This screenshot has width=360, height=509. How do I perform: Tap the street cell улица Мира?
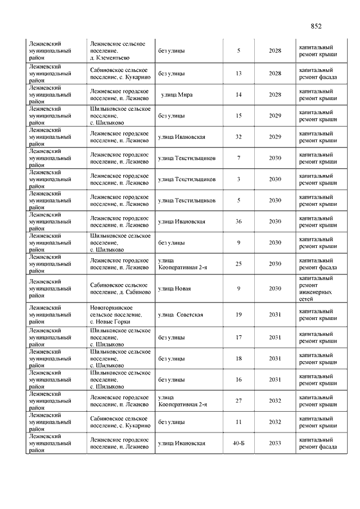click(x=177, y=94)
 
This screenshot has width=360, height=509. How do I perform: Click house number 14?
click(x=238, y=94)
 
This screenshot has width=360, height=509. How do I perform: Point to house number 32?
click(x=238, y=137)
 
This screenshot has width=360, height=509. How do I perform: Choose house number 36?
click(x=238, y=222)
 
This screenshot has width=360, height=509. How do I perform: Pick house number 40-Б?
click(x=238, y=443)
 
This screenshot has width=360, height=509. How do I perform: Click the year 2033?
click(x=275, y=443)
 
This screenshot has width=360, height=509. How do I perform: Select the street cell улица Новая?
click(x=174, y=289)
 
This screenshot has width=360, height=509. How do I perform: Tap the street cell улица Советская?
click(x=181, y=314)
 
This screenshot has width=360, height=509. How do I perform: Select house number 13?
click(x=238, y=74)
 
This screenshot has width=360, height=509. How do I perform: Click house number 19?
click(x=238, y=314)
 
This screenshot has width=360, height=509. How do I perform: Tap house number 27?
click(x=238, y=401)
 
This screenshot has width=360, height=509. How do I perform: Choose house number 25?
click(x=238, y=264)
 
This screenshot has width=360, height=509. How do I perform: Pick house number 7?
click(x=238, y=158)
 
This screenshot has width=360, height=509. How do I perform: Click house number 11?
click(x=238, y=422)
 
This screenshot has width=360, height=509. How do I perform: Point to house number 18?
click(x=238, y=358)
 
